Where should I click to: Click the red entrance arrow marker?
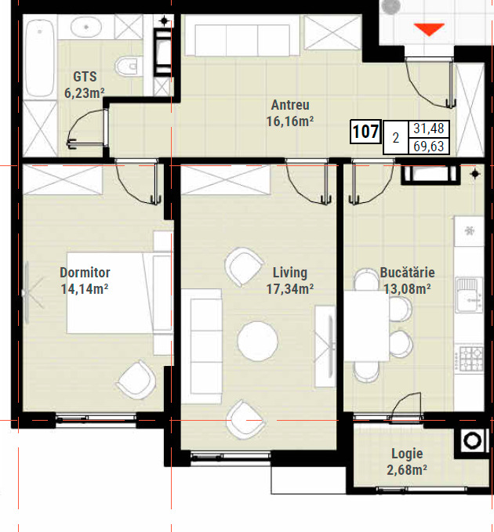(429, 29)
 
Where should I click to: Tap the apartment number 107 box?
(365, 132)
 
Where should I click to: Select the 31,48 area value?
(429, 128)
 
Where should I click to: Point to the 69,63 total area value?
(429, 147)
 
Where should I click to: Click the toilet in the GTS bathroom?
(128, 66)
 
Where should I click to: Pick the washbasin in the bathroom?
(86, 27)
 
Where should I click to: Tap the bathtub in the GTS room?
(40, 58)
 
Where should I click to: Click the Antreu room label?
(290, 105)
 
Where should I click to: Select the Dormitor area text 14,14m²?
(85, 289)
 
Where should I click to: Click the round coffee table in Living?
(257, 341)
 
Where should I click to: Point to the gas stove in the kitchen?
(470, 358)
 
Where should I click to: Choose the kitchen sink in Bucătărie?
(469, 295)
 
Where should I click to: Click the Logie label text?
(407, 454)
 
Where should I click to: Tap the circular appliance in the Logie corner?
(472, 441)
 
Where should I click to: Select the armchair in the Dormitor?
(136, 379)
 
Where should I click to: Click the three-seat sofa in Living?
(202, 346)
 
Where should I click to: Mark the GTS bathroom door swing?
(88, 127)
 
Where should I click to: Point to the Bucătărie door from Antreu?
(372, 182)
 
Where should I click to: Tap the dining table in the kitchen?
(367, 326)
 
